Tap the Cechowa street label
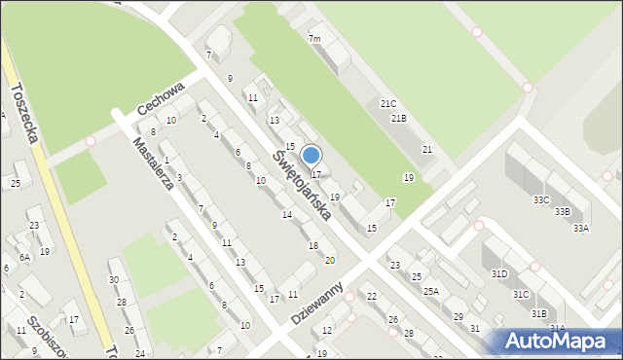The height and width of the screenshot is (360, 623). tap(161, 97)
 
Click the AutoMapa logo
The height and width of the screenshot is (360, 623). tap(558, 341)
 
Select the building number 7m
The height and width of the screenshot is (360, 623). tap(314, 39)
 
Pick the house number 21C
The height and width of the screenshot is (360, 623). tap(388, 103)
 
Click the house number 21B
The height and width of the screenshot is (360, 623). tap(398, 119)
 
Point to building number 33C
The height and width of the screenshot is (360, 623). tap(541, 199)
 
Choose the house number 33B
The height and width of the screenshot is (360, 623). tap(562, 211)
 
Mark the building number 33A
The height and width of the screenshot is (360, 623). tap(581, 228)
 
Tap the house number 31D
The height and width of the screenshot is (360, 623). tap(499, 274)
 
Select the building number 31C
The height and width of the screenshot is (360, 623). tap(521, 294)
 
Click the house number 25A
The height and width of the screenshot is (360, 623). tap(430, 291)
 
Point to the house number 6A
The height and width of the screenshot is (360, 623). tap(25, 257)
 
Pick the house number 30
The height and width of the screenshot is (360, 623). tap(114, 280)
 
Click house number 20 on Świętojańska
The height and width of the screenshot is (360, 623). tap(330, 260)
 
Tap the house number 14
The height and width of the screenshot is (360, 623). tap(286, 214)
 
